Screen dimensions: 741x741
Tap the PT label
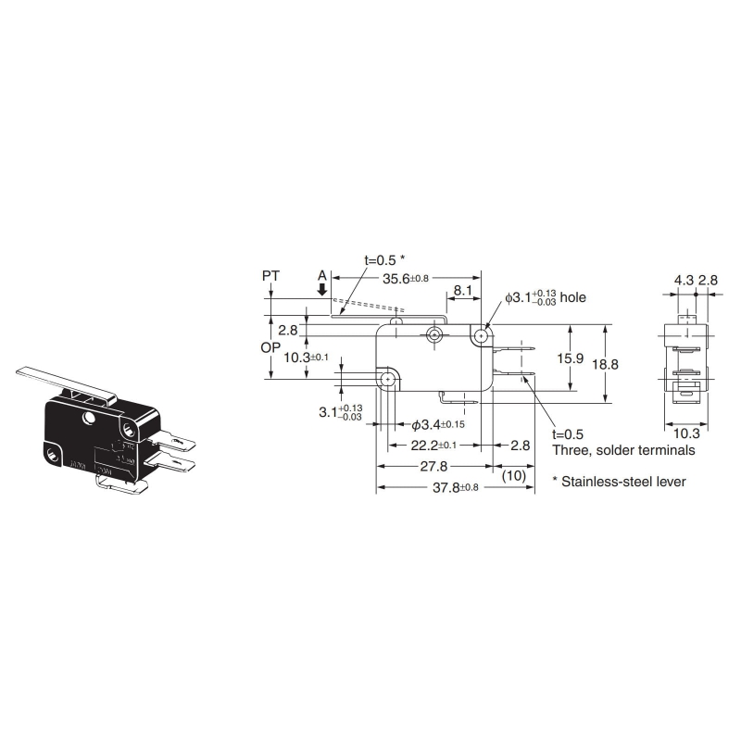pyautogui.click(x=270, y=276)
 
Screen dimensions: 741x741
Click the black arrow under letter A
pyautogui.click(x=322, y=290)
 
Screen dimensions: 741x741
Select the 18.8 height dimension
pyautogui.click(x=605, y=364)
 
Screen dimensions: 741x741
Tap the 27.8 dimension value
pyautogui.click(x=432, y=466)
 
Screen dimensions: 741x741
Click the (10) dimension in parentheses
pyautogui.click(x=515, y=475)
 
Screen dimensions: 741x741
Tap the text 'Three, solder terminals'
pyautogui.click(x=623, y=450)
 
